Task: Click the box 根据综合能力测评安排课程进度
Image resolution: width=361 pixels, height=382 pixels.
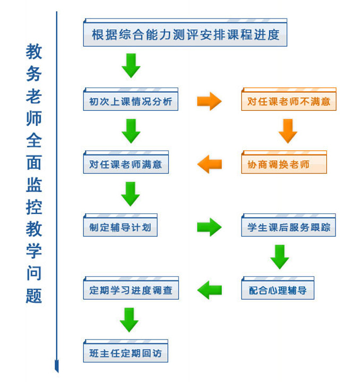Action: pos(185,35)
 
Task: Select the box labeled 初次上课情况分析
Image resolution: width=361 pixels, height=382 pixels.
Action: pos(131,101)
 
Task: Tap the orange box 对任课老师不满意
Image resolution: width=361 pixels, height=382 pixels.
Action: pos(288,101)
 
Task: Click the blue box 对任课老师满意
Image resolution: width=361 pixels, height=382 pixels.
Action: pos(125,164)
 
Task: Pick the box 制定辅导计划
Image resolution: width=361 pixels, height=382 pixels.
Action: pos(120,227)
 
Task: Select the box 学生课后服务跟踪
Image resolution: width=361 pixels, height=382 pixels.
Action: pos(288,227)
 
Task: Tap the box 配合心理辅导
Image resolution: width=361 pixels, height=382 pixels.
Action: pos(278,290)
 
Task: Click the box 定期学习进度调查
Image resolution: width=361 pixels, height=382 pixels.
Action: pos(131,290)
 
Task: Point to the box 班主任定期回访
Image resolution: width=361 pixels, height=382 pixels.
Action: pos(125,353)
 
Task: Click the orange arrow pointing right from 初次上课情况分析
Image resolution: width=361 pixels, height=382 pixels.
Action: pos(209,101)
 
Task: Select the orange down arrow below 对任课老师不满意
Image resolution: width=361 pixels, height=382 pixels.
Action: pos(288,131)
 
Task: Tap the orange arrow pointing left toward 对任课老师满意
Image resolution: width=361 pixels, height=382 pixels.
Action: pos(209,164)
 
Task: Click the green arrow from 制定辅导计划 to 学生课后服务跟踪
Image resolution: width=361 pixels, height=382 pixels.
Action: pos(209,227)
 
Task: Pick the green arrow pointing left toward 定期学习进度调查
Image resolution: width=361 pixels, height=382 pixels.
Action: pos(209,290)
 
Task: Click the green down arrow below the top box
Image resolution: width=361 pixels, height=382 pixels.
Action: pos(131,65)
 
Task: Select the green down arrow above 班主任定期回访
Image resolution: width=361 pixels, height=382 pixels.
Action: pos(130,320)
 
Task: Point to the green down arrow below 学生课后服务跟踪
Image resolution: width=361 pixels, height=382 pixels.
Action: pos(280,256)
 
